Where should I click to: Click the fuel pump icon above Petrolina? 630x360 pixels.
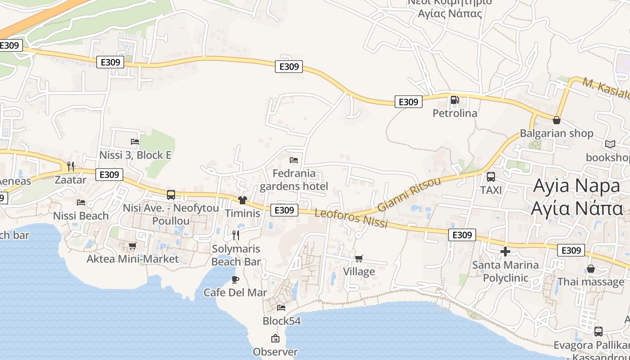(454, 100)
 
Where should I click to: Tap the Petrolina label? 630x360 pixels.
(454, 113)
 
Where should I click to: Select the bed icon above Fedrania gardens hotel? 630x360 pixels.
(294, 160)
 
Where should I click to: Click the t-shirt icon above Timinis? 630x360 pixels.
(243, 200)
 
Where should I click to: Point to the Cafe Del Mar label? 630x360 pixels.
(235, 292)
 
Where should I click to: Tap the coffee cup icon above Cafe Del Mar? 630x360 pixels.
(235, 279)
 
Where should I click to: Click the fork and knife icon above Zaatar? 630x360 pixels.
(70, 166)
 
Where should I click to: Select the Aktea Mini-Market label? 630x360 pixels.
(132, 259)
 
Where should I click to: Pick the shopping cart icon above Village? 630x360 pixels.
(359, 258)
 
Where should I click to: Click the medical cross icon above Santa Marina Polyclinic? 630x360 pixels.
(505, 252)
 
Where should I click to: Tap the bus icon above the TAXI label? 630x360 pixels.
(490, 177)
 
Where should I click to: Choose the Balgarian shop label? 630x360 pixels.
(556, 133)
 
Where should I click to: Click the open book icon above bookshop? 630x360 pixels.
(610, 144)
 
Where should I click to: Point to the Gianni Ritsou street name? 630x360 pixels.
(409, 194)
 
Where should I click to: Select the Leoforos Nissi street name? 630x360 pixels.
(351, 218)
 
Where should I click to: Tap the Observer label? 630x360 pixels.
(275, 352)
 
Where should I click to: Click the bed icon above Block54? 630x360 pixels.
(281, 308)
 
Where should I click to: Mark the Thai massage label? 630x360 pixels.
(590, 282)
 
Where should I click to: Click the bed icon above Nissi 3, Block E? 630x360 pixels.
(135, 142)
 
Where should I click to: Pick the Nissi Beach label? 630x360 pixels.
(81, 216)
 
